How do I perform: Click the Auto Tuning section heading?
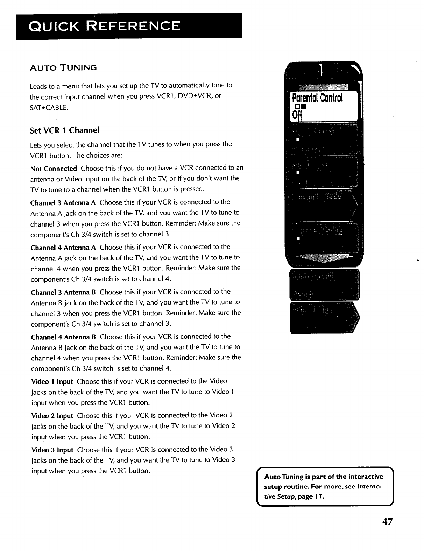click(x=63, y=68)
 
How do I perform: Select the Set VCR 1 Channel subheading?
click(x=65, y=130)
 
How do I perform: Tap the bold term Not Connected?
click(x=54, y=169)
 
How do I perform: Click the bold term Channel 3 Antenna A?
click(x=63, y=202)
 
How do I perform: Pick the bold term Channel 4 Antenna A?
click(x=63, y=248)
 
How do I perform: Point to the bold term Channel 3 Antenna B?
click(x=63, y=292)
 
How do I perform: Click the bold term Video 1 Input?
click(x=52, y=381)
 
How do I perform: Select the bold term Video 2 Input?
click(x=52, y=416)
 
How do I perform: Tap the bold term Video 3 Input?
click(x=52, y=450)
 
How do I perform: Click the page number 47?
click(x=387, y=522)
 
